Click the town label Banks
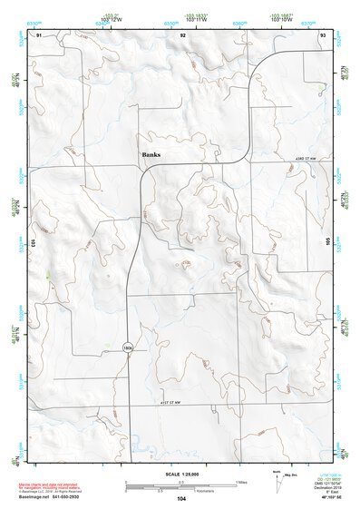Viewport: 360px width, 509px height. click(x=151, y=155)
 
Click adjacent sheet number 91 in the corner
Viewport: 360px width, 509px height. click(x=39, y=34)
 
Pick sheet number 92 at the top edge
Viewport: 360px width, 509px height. click(x=183, y=34)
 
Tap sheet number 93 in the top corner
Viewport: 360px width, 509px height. click(x=322, y=34)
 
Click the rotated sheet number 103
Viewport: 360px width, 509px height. click(x=33, y=244)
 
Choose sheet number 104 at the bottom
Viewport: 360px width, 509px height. click(x=181, y=499)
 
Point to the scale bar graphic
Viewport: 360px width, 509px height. click(x=181, y=485)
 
